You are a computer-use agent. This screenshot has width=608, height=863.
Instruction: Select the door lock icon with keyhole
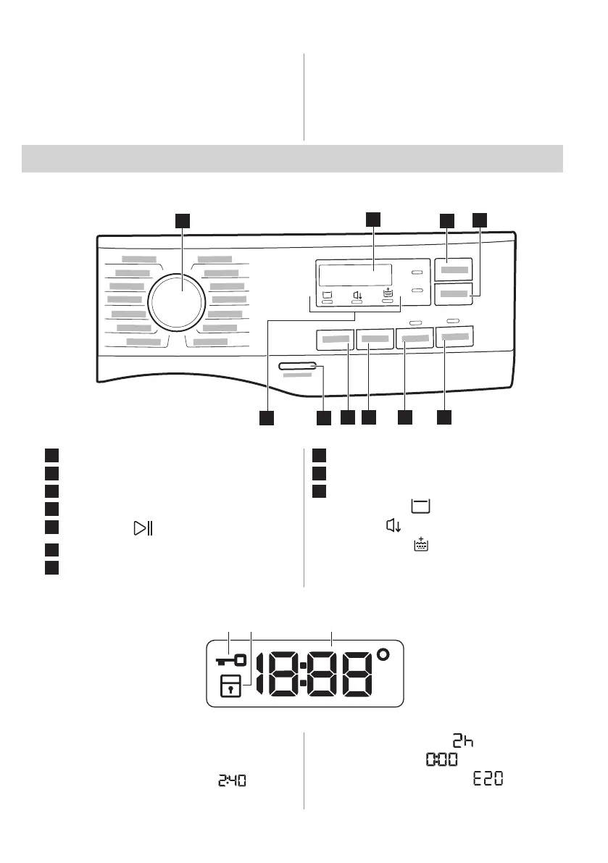pos(230,686)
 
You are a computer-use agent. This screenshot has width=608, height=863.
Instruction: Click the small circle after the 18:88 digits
pos(383,656)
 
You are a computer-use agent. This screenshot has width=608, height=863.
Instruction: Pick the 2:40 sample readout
pos(231,781)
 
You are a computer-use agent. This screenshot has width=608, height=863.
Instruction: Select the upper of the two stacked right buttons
pos(453,270)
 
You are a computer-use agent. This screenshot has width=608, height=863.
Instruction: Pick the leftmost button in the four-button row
pos(335,338)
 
